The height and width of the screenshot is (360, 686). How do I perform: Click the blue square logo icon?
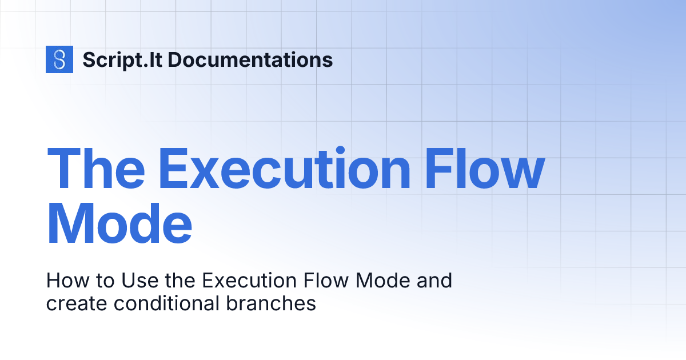(x=59, y=59)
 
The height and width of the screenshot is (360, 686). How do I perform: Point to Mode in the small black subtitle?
(x=384, y=281)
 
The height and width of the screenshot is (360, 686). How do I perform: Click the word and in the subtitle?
(x=435, y=281)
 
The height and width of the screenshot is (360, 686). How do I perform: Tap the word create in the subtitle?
(x=77, y=303)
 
